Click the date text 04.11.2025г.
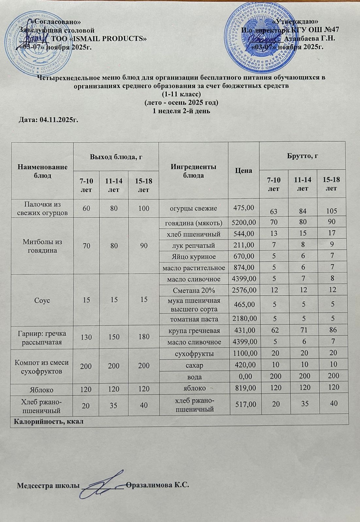click(59, 120)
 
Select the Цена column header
click(243, 170)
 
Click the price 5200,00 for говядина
click(243, 223)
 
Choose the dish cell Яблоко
click(42, 389)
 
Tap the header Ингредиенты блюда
click(193, 171)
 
